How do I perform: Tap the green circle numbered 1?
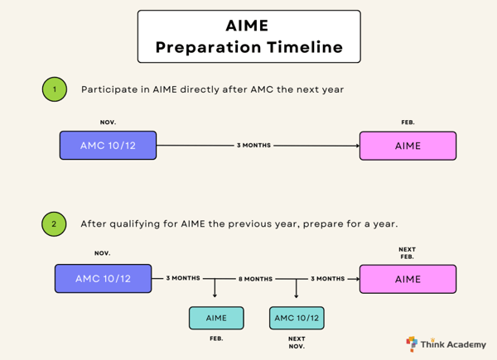(x=55, y=89)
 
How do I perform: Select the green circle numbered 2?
(x=55, y=223)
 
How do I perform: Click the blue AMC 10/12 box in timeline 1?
(x=108, y=146)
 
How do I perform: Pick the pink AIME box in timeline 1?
(x=408, y=146)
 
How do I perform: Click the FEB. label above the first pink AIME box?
(x=408, y=122)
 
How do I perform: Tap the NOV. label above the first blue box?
(x=108, y=122)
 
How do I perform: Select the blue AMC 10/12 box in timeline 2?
(x=104, y=279)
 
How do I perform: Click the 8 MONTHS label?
(x=256, y=279)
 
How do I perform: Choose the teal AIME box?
(x=216, y=318)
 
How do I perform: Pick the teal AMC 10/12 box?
(x=297, y=318)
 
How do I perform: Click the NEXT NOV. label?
(x=297, y=343)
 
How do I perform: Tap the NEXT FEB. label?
(x=408, y=253)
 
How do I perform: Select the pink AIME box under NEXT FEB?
(x=408, y=279)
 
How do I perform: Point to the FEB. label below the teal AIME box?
(x=216, y=338)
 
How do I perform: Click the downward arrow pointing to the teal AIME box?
(x=215, y=290)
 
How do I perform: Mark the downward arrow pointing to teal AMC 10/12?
(x=297, y=290)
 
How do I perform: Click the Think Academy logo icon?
(x=412, y=343)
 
